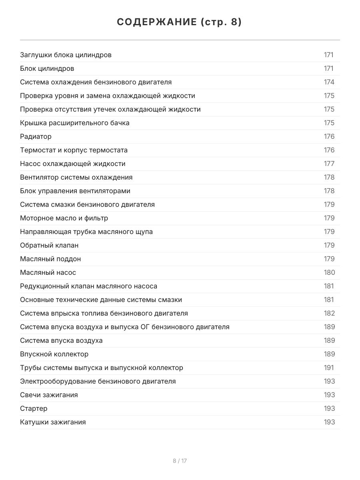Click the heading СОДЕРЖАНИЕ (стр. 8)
click(x=180, y=22)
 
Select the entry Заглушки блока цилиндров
click(x=66, y=55)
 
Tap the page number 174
click(x=329, y=82)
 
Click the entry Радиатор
click(x=36, y=136)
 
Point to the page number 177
click(x=329, y=164)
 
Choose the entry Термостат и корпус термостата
click(x=74, y=150)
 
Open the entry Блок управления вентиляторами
click(x=75, y=191)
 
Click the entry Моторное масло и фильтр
click(x=64, y=218)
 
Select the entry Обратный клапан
click(x=49, y=245)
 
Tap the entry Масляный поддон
click(x=50, y=259)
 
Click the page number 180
click(x=329, y=272)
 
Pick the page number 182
click(x=329, y=313)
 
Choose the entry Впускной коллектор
click(x=54, y=354)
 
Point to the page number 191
click(x=329, y=368)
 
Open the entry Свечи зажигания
click(x=49, y=395)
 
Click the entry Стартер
click(x=34, y=408)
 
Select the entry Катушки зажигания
click(x=53, y=422)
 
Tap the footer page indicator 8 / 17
click(x=180, y=461)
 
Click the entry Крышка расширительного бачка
click(x=74, y=123)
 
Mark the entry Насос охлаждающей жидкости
click(x=72, y=164)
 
